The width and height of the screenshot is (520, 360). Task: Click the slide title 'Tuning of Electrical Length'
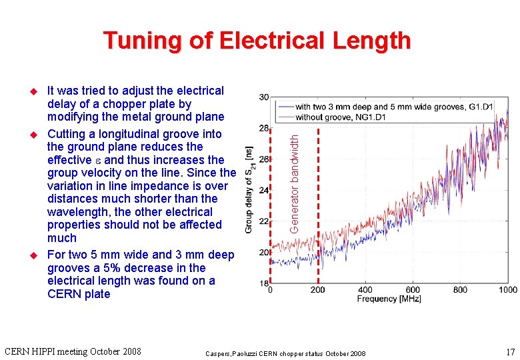(x=257, y=41)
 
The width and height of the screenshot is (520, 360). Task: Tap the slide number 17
(x=510, y=351)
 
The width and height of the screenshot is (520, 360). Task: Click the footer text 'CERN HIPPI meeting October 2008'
(x=73, y=351)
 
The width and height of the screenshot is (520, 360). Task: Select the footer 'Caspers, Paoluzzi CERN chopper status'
(x=285, y=352)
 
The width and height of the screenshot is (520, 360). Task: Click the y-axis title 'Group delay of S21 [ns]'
(x=249, y=189)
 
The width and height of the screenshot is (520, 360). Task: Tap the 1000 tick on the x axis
(x=507, y=290)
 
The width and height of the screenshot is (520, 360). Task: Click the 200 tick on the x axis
(x=317, y=290)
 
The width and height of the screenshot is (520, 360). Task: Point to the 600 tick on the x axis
(x=413, y=290)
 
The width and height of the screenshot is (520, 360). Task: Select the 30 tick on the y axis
(x=264, y=97)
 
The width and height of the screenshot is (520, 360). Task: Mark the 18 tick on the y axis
(x=264, y=283)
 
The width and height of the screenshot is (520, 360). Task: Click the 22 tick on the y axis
(x=264, y=221)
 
